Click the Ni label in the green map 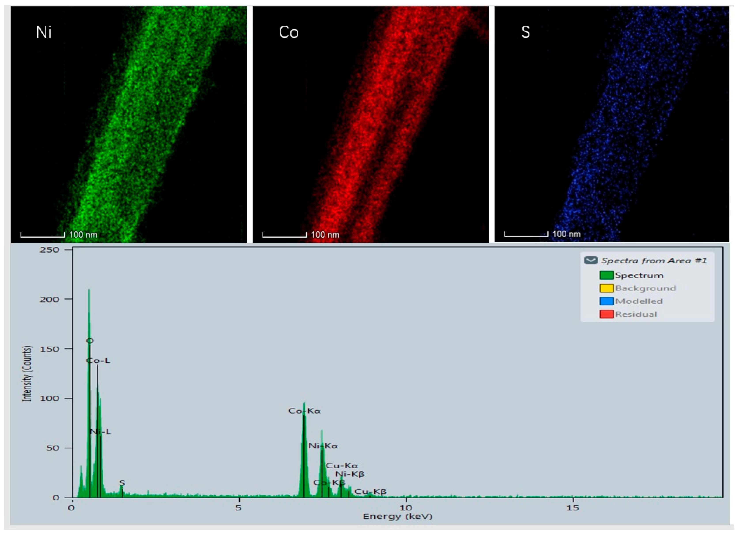coord(43,32)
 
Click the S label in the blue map coord(525,32)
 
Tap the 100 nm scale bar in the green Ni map coord(42,235)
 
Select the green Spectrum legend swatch coord(606,275)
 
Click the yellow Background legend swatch coord(606,288)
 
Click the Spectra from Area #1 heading coord(654,261)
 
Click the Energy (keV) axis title coord(397,517)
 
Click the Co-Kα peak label coord(304,411)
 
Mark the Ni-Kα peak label coord(323,446)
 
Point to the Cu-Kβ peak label coord(370,492)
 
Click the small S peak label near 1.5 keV coord(122,483)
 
